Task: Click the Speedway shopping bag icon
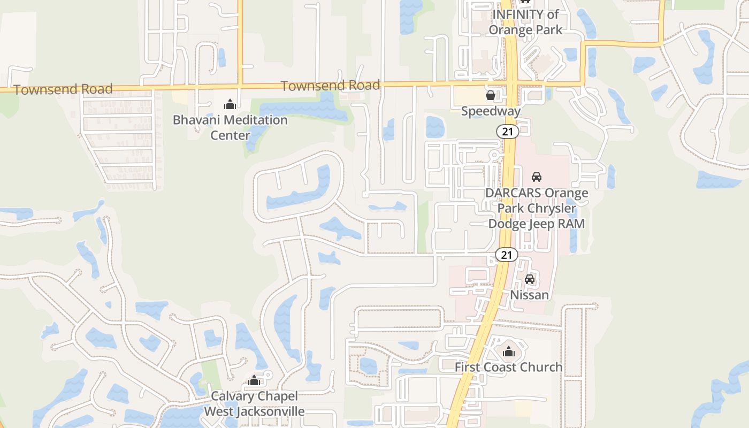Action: click(490, 96)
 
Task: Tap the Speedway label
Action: click(491, 111)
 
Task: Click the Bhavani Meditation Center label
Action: click(230, 127)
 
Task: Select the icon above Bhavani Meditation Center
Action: click(230, 104)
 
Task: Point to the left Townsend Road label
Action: click(63, 89)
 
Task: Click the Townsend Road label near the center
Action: click(330, 85)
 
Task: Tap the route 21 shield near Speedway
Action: click(506, 131)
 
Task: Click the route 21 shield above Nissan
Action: click(506, 255)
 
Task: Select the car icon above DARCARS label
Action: click(536, 177)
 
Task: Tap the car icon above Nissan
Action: click(530, 279)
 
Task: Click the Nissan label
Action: click(529, 295)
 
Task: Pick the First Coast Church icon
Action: click(508, 351)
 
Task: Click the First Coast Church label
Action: click(508, 367)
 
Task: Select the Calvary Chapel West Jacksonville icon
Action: click(254, 380)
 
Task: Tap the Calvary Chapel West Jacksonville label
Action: click(254, 404)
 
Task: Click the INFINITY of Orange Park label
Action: click(525, 22)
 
